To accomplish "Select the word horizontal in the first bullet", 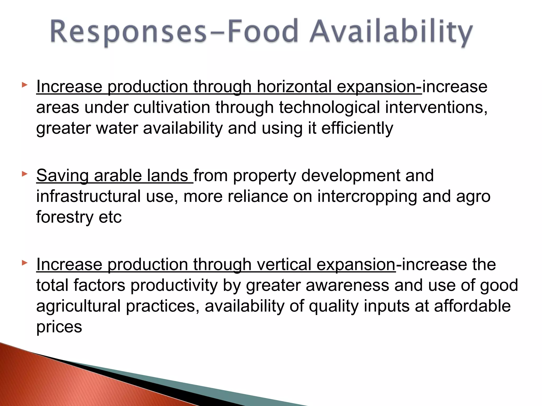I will (x=294, y=86).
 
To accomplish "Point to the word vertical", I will (x=284, y=264).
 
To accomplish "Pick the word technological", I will (x=329, y=107).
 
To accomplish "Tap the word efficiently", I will (x=357, y=128).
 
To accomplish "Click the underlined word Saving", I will (x=62, y=176).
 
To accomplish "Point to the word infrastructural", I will (x=88, y=196).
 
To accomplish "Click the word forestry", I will (x=65, y=217).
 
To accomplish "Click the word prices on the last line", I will (x=59, y=327).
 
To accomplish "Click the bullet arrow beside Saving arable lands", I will (x=24, y=174).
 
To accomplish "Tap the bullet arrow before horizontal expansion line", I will (x=24, y=85).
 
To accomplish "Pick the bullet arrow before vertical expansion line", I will (x=24, y=263).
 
